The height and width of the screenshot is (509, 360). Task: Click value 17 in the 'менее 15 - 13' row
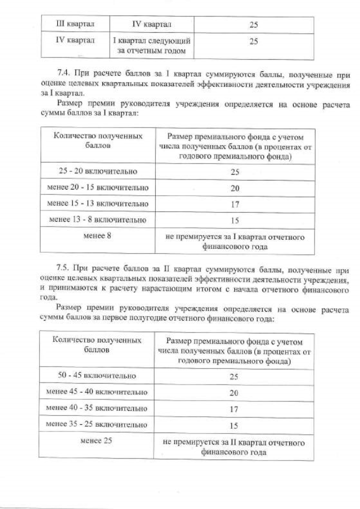235,204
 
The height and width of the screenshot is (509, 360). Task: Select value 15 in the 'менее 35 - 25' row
235,425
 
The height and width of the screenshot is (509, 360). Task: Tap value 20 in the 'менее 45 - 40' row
235,393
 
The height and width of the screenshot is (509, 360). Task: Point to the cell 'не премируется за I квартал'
235,241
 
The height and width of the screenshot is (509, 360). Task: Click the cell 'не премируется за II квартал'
235,447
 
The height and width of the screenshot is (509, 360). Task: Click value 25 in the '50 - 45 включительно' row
235,376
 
